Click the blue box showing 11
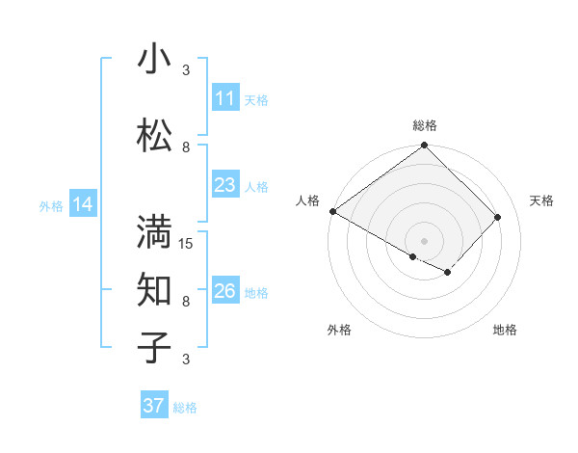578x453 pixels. tap(224, 98)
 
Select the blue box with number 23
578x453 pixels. tap(224, 185)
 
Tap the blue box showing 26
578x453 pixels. tap(224, 291)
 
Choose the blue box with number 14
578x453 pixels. tap(83, 204)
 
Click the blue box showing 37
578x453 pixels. tap(154, 406)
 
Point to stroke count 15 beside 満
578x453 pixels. tap(186, 243)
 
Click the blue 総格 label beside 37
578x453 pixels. tap(185, 408)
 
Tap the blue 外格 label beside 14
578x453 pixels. tap(51, 205)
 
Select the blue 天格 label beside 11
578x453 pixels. tap(256, 99)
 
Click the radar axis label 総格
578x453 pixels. tap(425, 125)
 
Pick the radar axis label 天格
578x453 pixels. tap(542, 200)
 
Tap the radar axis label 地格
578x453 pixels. tap(505, 330)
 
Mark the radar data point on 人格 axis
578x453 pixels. tap(332, 211)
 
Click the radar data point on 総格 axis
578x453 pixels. tap(425, 147)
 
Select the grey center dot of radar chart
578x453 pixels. tap(425, 240)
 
